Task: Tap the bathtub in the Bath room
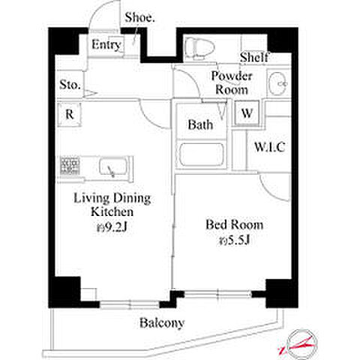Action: pyautogui.click(x=202, y=155)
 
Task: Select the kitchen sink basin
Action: pyautogui.click(x=112, y=167)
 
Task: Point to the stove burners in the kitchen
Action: pyautogui.click(x=70, y=166)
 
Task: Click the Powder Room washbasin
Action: pyautogui.click(x=278, y=83)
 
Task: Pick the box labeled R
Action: pyautogui.click(x=69, y=115)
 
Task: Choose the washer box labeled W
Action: pyautogui.click(x=247, y=113)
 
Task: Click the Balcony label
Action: pyautogui.click(x=162, y=323)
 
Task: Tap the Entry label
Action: pyautogui.click(x=106, y=45)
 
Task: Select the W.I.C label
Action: pyautogui.click(x=269, y=147)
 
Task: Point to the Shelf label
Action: pyautogui.click(x=254, y=57)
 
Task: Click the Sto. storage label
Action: pyautogui.click(x=70, y=85)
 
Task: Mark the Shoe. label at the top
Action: pyautogui.click(x=139, y=17)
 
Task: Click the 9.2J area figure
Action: pyautogui.click(x=112, y=227)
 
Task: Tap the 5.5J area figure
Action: pyautogui.click(x=235, y=241)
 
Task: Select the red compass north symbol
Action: pyautogui.click(x=299, y=344)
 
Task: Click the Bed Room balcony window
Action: pyautogui.click(x=218, y=294)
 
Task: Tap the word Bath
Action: pyautogui.click(x=200, y=124)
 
